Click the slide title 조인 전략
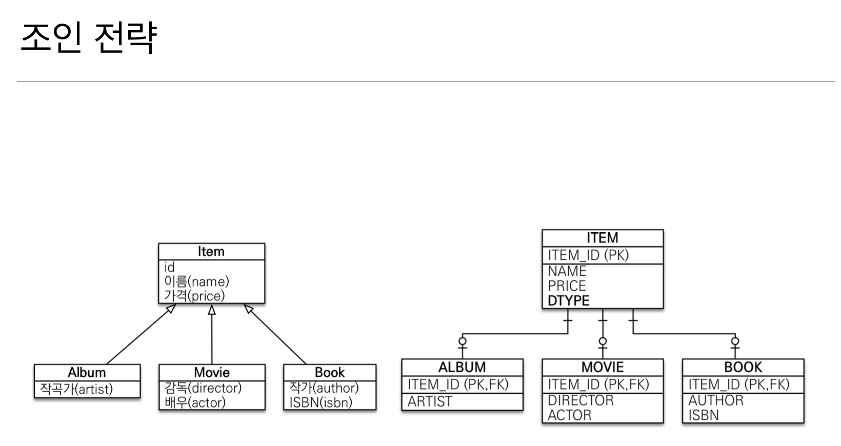(88, 37)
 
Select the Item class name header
(211, 251)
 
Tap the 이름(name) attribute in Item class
(196, 281)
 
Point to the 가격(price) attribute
(194, 296)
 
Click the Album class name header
(87, 372)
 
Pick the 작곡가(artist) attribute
(76, 389)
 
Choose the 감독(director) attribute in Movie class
(203, 388)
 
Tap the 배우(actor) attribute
(195, 402)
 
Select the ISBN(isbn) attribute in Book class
(321, 402)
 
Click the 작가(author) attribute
(324, 388)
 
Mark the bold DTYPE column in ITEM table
(568, 300)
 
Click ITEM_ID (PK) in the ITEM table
(588, 255)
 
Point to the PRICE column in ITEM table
(567, 286)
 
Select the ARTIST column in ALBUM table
(430, 401)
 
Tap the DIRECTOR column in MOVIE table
(580, 400)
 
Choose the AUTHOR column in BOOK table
(716, 400)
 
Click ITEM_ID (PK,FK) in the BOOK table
(738, 384)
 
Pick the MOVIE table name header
(603, 367)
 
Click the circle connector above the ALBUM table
(463, 341)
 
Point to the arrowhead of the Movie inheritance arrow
(212, 310)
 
